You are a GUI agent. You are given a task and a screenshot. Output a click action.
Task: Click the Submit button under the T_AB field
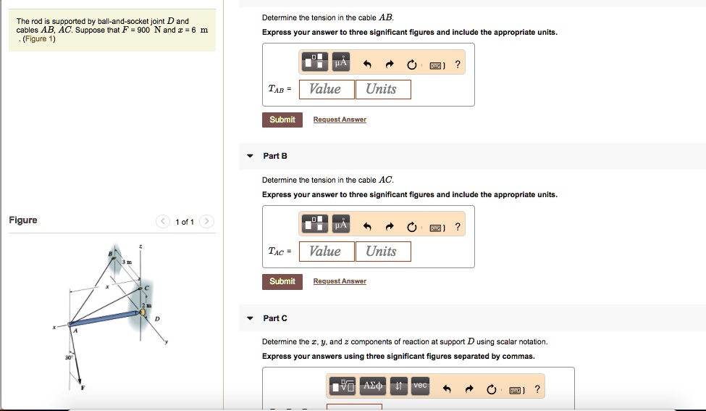click(x=282, y=120)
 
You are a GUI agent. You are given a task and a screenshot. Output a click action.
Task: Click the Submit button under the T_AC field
click(x=282, y=282)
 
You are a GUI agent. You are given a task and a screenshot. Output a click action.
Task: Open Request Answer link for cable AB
click(x=340, y=120)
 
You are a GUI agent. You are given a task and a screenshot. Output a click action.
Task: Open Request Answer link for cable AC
click(x=340, y=281)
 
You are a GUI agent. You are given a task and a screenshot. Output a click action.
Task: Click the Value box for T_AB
click(x=327, y=89)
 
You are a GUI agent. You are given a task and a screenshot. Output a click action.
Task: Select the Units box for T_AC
click(x=383, y=252)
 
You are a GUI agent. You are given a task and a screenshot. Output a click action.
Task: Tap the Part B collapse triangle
click(x=251, y=156)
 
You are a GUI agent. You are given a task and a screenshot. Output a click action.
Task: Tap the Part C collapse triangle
click(x=251, y=318)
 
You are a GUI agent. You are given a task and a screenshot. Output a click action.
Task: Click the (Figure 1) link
click(x=38, y=38)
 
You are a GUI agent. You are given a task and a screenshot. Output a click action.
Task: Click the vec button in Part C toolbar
click(x=420, y=386)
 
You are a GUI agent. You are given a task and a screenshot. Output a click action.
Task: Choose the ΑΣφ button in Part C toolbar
click(x=373, y=386)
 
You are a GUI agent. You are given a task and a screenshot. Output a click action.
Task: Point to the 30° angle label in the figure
click(x=69, y=357)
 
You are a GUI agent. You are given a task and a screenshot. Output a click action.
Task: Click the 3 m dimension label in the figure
click(x=127, y=262)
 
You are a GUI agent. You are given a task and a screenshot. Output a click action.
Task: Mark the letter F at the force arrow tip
click(x=83, y=388)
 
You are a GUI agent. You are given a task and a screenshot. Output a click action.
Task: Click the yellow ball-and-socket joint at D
click(x=143, y=312)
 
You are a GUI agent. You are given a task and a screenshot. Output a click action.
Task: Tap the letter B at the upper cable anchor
click(x=110, y=254)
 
